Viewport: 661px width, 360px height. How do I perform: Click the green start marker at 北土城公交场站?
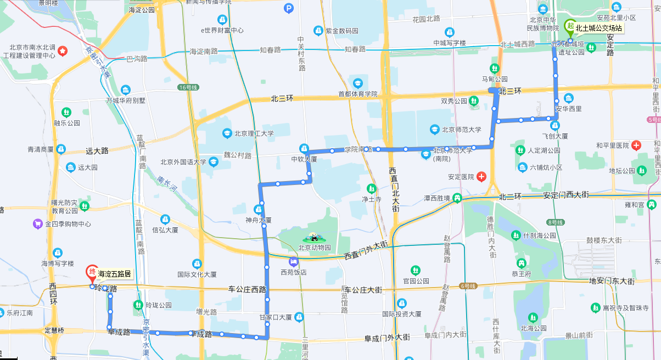[x=570, y=26]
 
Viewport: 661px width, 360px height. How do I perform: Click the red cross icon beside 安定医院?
[x=481, y=177]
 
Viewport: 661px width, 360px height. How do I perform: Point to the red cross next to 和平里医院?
[x=636, y=145]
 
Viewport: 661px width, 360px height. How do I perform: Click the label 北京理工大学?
[x=254, y=133]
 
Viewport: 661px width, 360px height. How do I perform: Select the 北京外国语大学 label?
[x=183, y=162]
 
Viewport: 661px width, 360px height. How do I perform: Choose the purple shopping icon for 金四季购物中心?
[x=38, y=224]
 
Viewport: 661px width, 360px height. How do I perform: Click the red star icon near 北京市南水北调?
[x=63, y=51]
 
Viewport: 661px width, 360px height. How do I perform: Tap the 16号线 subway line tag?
[x=186, y=87]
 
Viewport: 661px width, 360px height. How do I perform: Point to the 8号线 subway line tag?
[x=555, y=222]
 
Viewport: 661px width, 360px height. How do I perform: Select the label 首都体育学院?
[x=358, y=94]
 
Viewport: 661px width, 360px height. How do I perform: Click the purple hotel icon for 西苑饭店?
[x=293, y=262]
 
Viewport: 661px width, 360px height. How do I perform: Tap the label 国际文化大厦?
[x=197, y=274]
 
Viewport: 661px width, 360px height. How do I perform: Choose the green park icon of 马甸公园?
[x=495, y=69]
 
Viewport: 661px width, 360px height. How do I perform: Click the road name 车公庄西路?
[x=247, y=289]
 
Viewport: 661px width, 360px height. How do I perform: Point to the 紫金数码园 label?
[x=341, y=30]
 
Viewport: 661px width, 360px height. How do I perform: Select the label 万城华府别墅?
[x=126, y=100]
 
